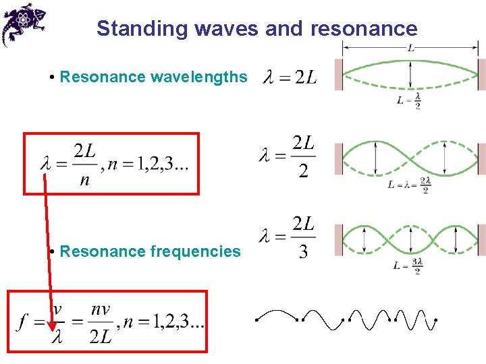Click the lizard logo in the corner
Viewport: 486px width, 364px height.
(x=24, y=23)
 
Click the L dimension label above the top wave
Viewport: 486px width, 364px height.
(x=410, y=48)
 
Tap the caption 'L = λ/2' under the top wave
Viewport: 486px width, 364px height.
(x=410, y=101)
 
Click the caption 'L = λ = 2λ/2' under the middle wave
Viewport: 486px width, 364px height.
(x=410, y=184)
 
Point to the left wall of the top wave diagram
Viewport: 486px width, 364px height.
(x=339, y=74)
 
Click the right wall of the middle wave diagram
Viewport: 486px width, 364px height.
(x=482, y=158)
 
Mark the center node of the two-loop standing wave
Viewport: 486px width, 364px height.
(x=410, y=158)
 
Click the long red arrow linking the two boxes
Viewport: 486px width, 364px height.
(x=49, y=249)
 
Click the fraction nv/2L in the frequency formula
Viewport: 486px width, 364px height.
(x=101, y=324)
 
